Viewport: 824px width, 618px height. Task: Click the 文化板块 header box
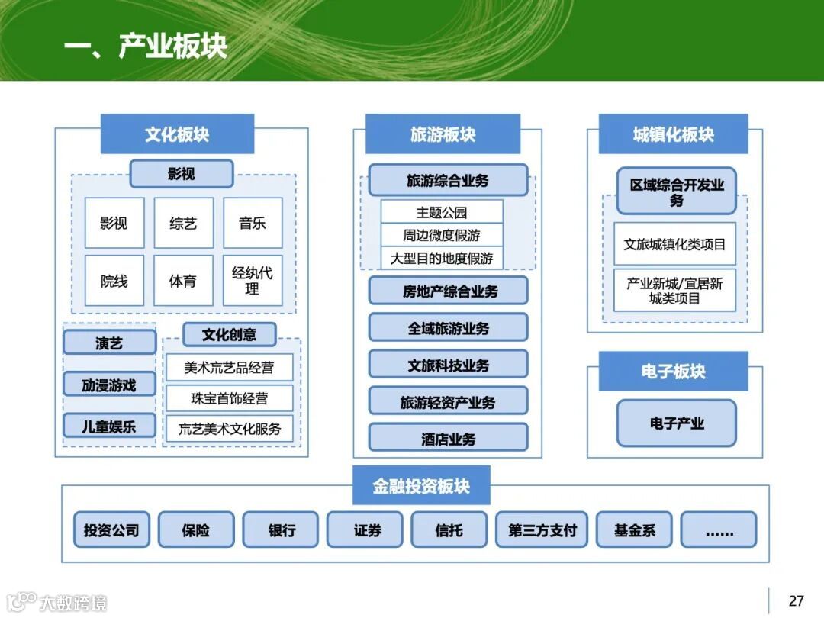(177, 134)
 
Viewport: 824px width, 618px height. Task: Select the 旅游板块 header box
(443, 134)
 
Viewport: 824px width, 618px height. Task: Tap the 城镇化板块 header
(673, 134)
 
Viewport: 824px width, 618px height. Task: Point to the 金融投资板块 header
(421, 486)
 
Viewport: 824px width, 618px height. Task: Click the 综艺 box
(183, 223)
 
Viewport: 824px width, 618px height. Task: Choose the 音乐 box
(253, 223)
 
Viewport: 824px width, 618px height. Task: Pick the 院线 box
(114, 281)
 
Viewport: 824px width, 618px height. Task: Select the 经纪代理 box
(253, 281)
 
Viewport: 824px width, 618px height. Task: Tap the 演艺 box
(109, 343)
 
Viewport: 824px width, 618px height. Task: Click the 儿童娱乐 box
(109, 426)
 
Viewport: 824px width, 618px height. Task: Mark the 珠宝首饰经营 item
(229, 398)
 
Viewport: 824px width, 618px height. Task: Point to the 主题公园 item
(442, 212)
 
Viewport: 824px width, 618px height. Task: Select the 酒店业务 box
(449, 439)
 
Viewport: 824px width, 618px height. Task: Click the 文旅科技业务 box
(449, 365)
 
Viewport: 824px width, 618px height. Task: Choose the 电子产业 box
(677, 423)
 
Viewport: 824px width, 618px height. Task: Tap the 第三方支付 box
(542, 530)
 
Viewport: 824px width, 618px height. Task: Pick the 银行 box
(281, 530)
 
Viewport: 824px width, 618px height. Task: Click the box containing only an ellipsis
(719, 530)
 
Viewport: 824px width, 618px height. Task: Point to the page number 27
(796, 600)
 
